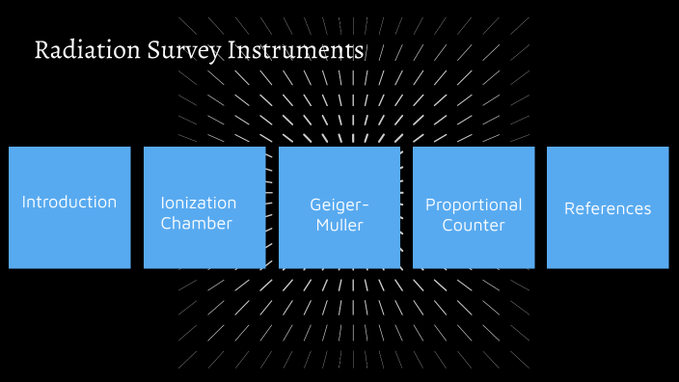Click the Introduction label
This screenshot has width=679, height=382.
coord(69,203)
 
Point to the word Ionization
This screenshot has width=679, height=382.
coord(199,204)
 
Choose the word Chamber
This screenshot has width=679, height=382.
coord(197,224)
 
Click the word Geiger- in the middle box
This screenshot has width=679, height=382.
coord(339,205)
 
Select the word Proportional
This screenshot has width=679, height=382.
coord(474,205)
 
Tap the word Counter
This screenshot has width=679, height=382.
coord(474,226)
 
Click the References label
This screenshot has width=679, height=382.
coord(608,208)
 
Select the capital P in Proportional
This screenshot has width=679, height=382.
coord(430,205)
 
